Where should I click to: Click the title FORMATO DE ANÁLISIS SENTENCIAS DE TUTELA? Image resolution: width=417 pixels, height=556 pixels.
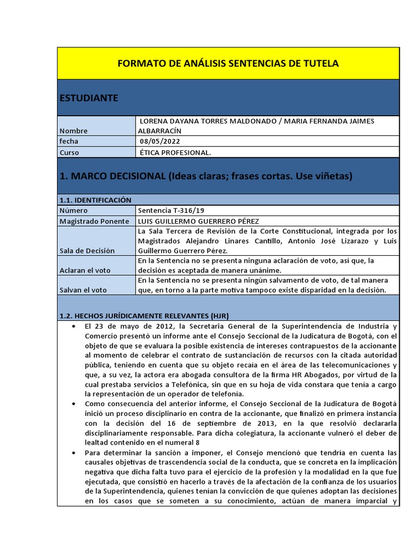228,64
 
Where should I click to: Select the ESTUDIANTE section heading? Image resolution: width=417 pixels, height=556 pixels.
89,98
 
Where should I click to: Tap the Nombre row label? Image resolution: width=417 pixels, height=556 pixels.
73,131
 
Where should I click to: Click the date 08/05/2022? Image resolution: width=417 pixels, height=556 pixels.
160,141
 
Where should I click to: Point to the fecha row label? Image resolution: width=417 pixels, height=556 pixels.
69,141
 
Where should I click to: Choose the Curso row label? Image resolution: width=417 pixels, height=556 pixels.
69,153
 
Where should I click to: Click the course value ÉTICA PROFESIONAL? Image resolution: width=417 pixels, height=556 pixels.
175,153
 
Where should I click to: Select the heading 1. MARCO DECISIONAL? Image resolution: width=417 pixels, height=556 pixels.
206,176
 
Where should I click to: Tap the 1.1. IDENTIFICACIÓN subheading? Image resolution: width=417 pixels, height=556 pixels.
96,200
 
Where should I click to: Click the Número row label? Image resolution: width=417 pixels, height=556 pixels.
73,210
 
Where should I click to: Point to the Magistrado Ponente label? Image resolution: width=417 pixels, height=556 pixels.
94,221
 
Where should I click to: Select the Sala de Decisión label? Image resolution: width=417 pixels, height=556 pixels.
87,251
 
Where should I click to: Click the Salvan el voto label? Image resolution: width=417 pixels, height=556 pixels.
83,290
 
